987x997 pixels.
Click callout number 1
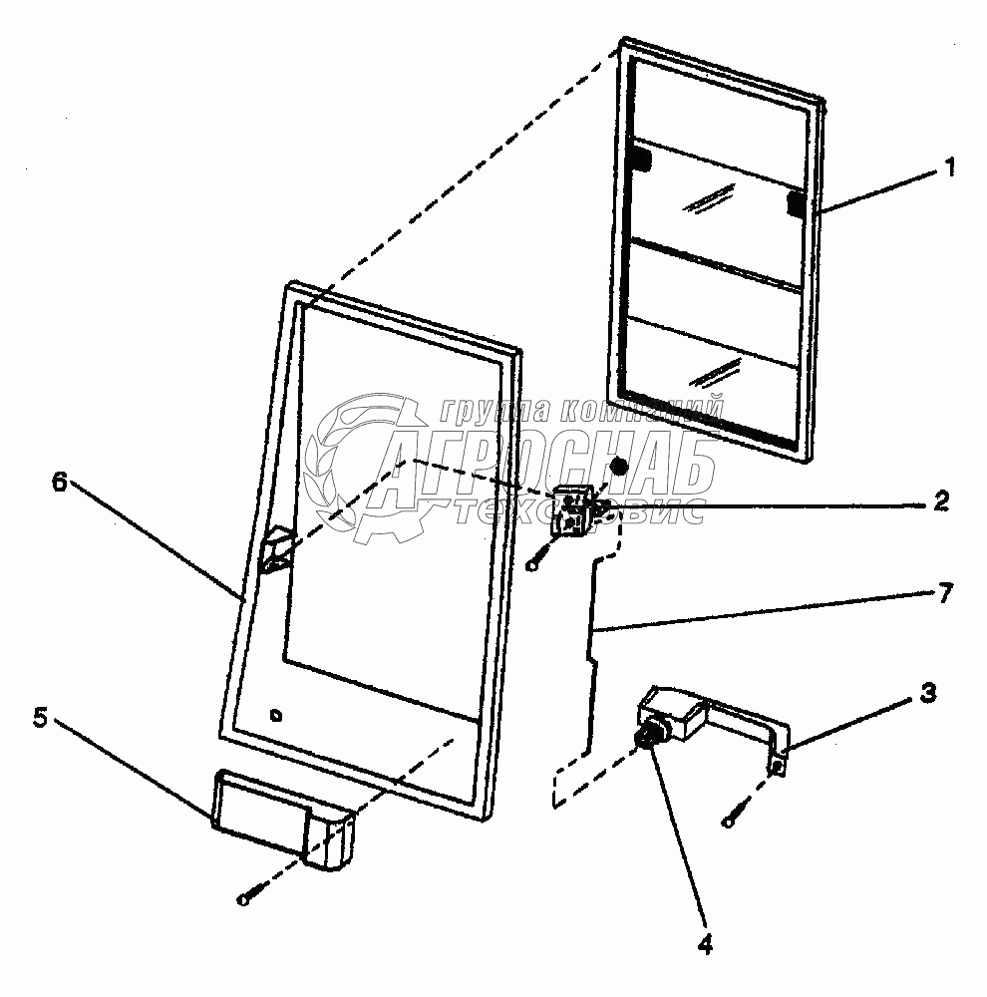949,167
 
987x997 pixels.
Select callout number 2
940,501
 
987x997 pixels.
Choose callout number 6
59,483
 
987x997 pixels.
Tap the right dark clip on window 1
797,203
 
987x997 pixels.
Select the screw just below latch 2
536,565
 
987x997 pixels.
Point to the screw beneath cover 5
244,900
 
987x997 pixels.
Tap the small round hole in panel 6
277,714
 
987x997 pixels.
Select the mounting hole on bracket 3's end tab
778,766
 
